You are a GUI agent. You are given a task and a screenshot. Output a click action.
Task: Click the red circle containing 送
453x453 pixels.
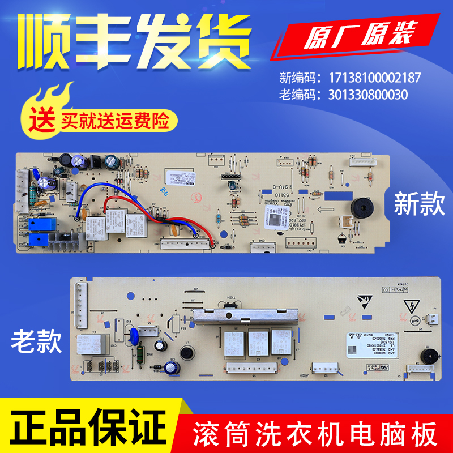[39, 120]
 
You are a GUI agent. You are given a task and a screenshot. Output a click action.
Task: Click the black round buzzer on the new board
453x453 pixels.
[357, 207]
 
